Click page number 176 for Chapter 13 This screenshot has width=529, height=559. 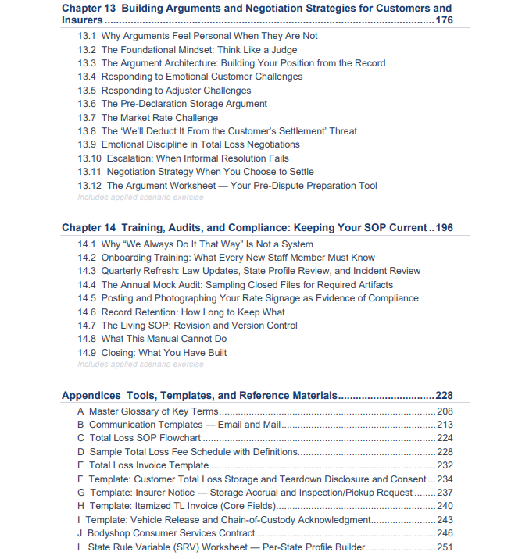click(x=444, y=20)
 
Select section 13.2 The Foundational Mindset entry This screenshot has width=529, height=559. click(x=188, y=50)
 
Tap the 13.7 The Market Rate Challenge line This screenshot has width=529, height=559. click(x=148, y=117)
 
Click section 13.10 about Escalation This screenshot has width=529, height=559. click(x=183, y=158)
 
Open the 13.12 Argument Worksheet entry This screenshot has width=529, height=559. click(x=227, y=185)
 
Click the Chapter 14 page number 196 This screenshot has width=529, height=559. click(x=444, y=228)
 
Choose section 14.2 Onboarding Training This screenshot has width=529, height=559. click(x=226, y=258)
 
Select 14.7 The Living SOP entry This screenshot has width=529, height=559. click(x=188, y=326)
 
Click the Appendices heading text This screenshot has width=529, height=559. click(x=199, y=396)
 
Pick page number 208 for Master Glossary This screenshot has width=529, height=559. click(x=444, y=411)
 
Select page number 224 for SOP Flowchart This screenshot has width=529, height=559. click(x=444, y=438)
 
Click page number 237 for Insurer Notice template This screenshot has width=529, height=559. click(x=444, y=493)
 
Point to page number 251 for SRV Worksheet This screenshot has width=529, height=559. click(x=444, y=547)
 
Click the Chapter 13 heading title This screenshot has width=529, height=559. click(x=256, y=9)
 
